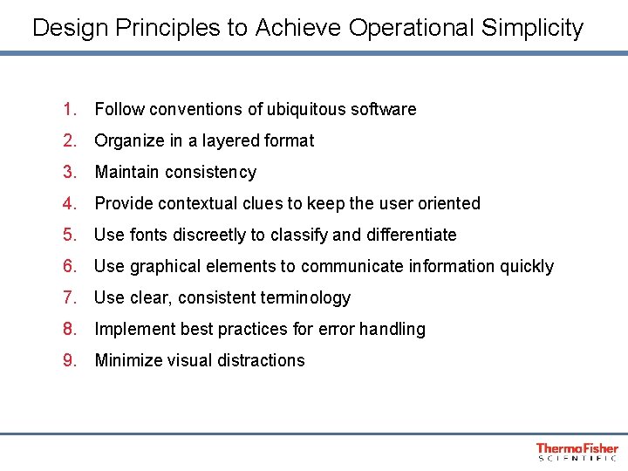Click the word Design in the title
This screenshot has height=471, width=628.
click(x=70, y=28)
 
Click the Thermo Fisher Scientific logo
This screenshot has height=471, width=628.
click(x=577, y=451)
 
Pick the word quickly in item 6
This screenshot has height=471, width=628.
click(x=526, y=266)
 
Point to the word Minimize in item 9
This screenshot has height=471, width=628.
click(x=130, y=360)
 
